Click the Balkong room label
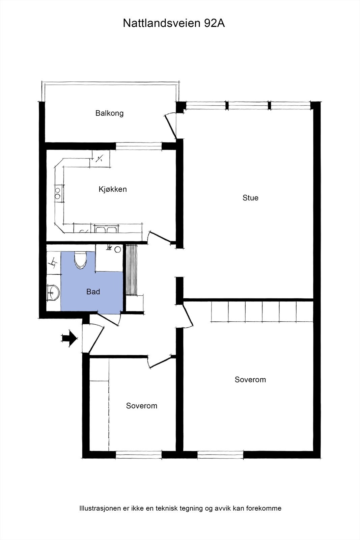[109, 113]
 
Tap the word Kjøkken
[113, 189]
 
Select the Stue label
[250, 198]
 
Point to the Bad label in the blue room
[93, 292]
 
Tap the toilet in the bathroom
[80, 260]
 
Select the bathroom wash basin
[53, 292]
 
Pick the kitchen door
[160, 237]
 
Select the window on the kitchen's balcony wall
[139, 146]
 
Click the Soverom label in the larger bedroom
[250, 380]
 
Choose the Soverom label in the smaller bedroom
[142, 406]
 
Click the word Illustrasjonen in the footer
[100, 508]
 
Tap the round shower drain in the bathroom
[117, 249]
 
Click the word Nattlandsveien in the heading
[162, 23]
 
